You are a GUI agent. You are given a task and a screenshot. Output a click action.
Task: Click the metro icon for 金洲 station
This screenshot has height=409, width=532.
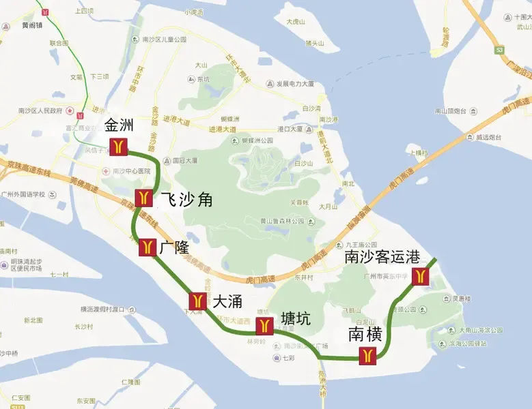[x=118, y=146]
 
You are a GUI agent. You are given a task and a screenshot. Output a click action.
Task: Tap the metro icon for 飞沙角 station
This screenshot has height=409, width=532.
[x=143, y=198]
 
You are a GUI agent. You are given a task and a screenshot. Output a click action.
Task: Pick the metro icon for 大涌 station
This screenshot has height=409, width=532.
[x=198, y=301]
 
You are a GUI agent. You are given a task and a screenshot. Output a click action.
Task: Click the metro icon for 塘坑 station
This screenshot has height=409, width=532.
[x=264, y=326]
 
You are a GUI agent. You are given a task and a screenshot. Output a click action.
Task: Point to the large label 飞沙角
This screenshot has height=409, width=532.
[x=186, y=199]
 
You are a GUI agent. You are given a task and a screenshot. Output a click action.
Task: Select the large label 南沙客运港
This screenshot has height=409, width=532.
[x=382, y=257]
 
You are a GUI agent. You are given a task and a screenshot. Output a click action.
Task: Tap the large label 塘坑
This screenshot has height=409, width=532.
[x=296, y=318]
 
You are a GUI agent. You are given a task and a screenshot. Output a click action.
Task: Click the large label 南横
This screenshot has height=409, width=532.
[x=364, y=334]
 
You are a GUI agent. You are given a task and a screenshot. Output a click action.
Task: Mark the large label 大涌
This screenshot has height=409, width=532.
[x=227, y=301]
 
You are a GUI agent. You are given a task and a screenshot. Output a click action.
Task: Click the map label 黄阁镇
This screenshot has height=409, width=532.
[x=31, y=25]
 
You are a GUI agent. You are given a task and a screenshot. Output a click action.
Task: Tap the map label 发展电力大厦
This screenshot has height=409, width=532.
[x=295, y=84]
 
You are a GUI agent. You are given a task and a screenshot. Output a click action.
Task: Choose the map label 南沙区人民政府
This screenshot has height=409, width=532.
[x=40, y=110]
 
